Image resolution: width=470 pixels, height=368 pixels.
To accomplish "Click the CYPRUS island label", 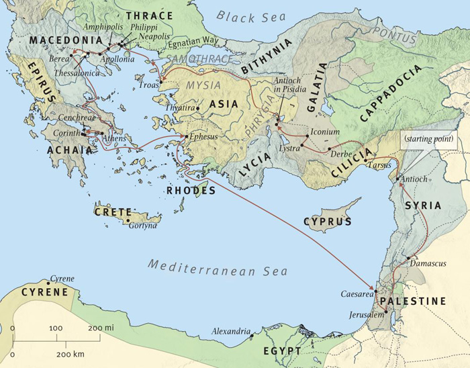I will click(x=328, y=221).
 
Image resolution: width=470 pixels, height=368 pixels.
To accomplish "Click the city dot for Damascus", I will click(x=408, y=257).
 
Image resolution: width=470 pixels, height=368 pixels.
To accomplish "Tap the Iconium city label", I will click(x=325, y=132).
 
